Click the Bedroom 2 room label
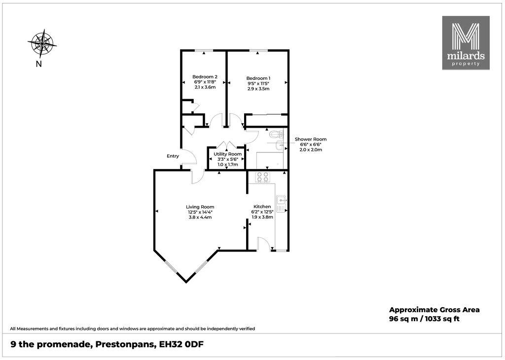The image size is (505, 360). point(205,76)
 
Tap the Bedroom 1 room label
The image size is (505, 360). point(258,78)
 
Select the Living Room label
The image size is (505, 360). point(200,207)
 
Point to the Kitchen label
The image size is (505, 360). point(262,207)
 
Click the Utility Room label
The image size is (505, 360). point(228,154)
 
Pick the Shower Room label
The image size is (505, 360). point(311,140)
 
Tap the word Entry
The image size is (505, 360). point(173,156)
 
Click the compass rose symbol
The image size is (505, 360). point(42,43)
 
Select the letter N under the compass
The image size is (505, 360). point(39,64)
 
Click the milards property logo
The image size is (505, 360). point(466,43)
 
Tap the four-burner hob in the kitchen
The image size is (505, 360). point(262,178)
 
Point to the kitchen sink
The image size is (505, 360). point(281,204)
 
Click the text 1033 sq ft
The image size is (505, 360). point(442,319)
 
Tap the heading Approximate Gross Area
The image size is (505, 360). point(434,310)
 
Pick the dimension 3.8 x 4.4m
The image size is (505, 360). point(200,217)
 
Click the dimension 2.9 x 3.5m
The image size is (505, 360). point(258,89)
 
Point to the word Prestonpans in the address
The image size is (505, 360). point(123,345)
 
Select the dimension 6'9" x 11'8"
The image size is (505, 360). point(205,82)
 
